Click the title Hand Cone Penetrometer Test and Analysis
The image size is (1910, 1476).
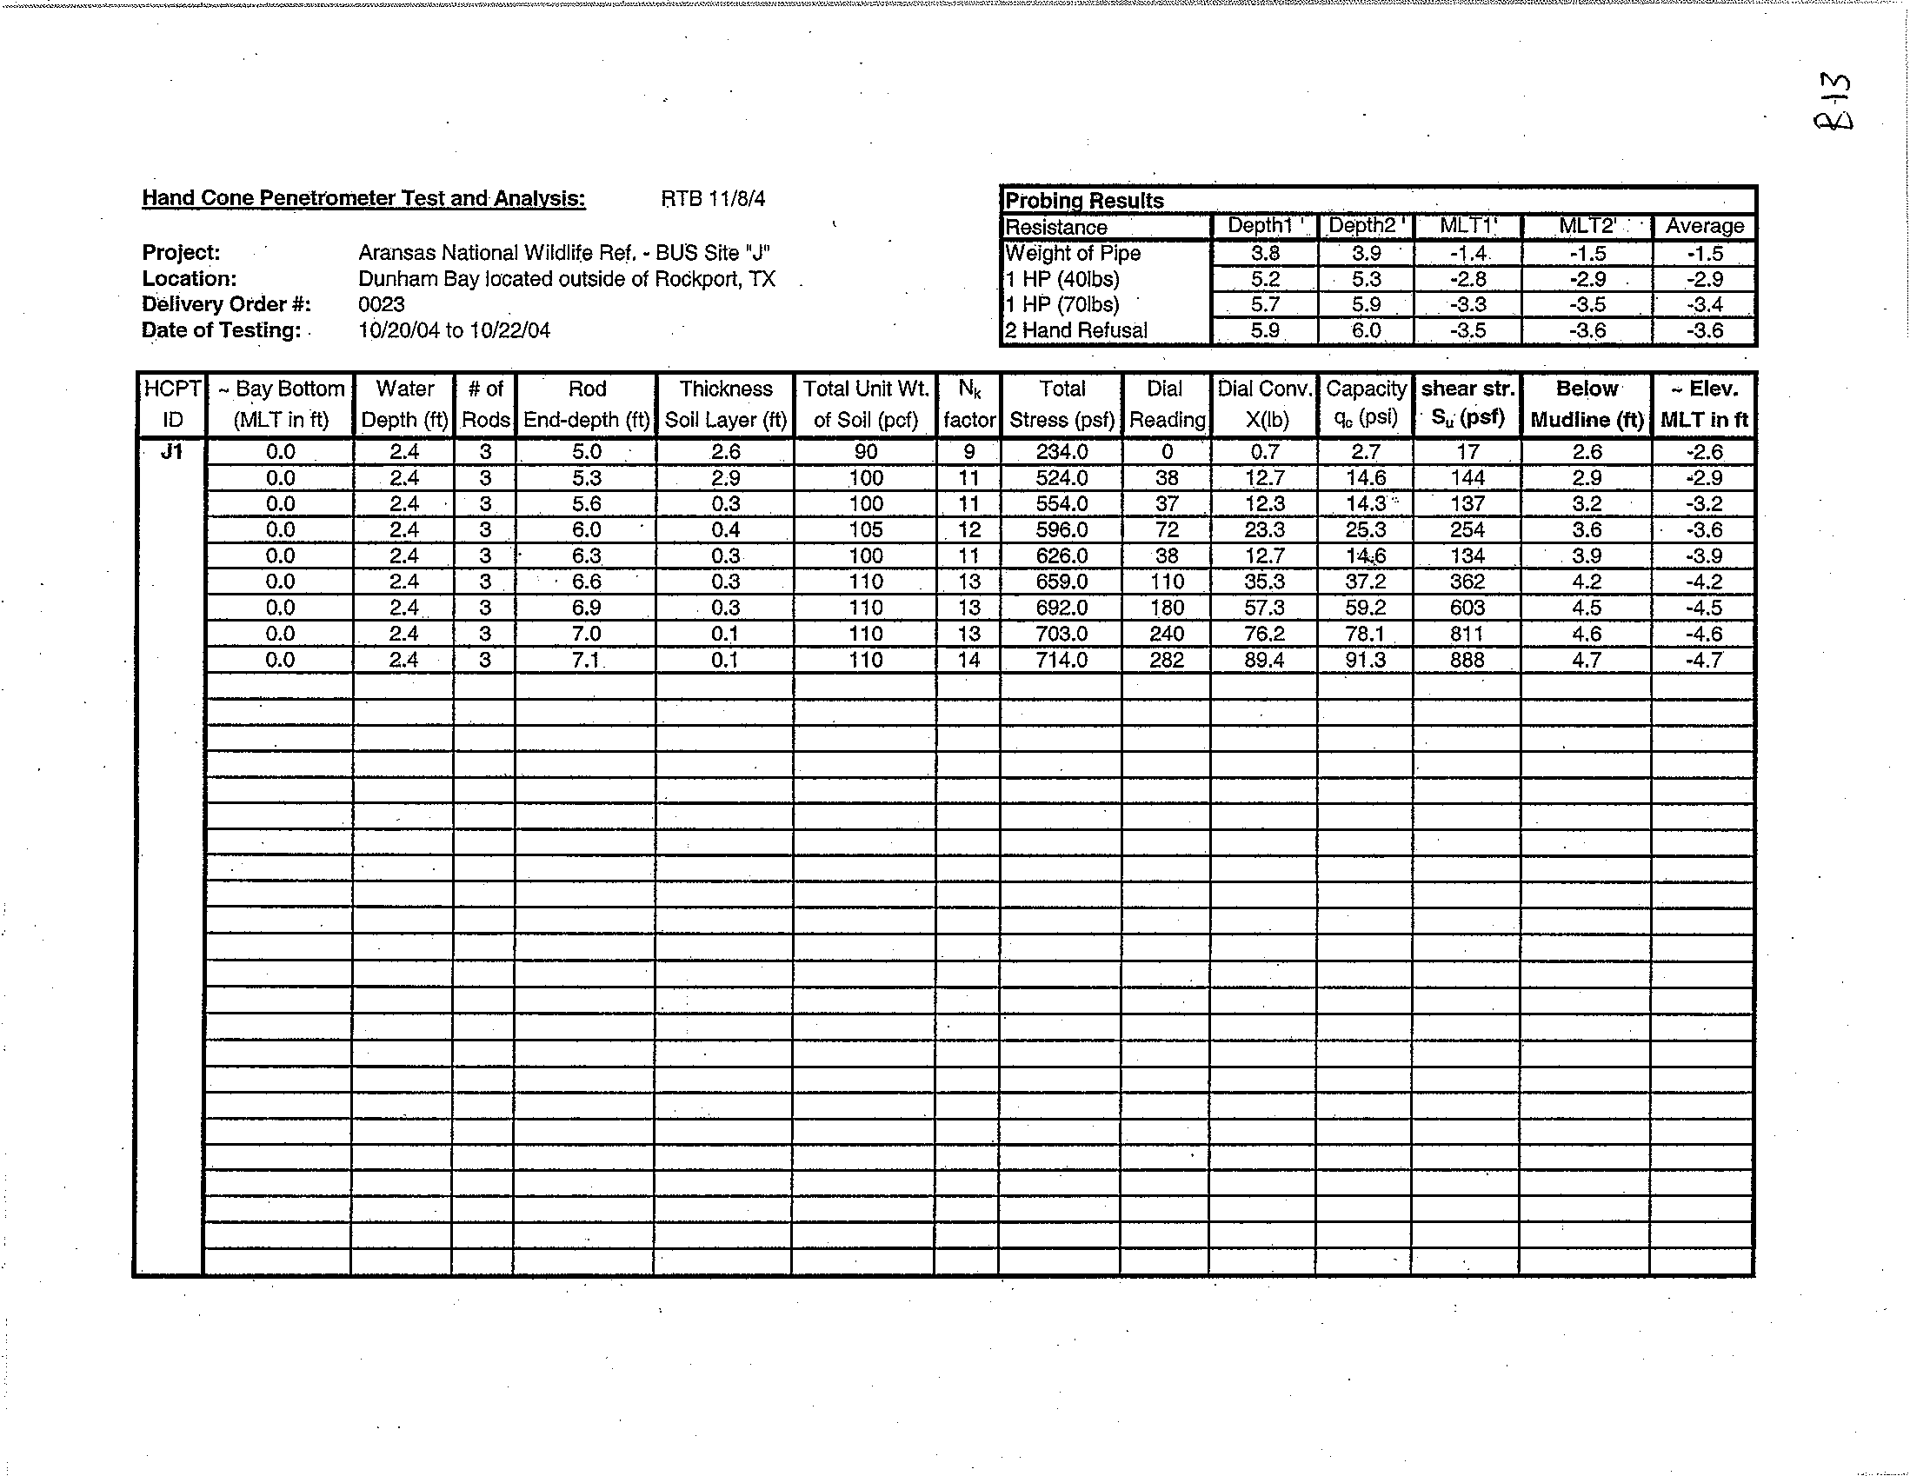363,198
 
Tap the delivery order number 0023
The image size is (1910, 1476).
382,304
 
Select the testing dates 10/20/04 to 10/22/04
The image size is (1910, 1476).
454,330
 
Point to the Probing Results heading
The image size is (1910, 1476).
1084,200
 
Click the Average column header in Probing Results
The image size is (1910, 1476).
1705,227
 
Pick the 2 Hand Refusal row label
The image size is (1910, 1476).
1076,330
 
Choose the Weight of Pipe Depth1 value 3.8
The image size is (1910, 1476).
1265,254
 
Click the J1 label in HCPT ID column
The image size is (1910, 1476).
171,451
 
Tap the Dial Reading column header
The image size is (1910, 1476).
1167,404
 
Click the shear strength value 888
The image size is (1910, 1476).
1467,660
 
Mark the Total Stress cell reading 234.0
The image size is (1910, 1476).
1061,452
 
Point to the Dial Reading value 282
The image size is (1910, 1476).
1167,660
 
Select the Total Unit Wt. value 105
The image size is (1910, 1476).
865,530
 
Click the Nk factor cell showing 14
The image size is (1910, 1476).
968,660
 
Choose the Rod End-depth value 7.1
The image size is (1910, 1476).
585,660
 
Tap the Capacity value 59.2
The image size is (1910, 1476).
1365,608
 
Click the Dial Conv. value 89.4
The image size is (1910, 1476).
1265,660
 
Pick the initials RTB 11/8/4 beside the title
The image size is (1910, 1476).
713,199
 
